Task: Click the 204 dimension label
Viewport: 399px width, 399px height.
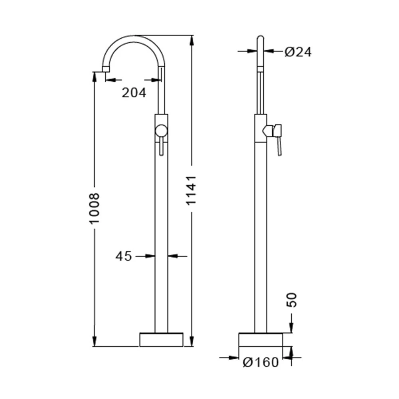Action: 134,93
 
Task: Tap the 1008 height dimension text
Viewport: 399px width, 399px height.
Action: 94,208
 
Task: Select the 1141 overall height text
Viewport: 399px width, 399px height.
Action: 191,190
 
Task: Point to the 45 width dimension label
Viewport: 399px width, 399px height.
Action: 124,256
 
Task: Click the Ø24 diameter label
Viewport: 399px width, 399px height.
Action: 298,52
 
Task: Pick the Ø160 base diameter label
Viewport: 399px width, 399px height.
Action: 261,362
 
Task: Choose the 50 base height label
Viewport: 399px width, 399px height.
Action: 292,300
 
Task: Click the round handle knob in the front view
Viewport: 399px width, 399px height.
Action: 161,131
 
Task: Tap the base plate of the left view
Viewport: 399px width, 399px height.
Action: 161,340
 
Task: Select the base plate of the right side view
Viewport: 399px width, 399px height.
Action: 261,340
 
